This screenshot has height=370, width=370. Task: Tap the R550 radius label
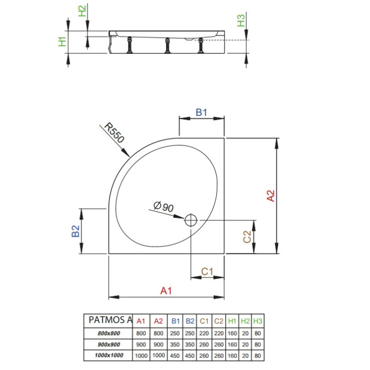pos(114,132)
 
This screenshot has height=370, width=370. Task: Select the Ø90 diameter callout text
pos(163,207)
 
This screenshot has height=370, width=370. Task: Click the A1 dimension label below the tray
pos(166,291)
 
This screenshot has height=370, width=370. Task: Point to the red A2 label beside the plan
pos(271,196)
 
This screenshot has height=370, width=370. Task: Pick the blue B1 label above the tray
pos(201,112)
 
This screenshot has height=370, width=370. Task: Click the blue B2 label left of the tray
pos(76,231)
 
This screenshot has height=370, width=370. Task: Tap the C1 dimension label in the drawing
pos(207,271)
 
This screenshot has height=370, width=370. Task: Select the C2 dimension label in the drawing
pos(247,237)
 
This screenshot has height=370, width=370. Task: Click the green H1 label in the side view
pos(62,42)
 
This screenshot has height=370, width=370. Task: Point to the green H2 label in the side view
pos(82,11)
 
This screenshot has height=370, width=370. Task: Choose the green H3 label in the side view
pos(241,21)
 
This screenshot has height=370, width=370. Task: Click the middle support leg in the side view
pos(168,45)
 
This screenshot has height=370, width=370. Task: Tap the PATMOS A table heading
pos(110,320)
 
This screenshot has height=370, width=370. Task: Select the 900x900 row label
pos(109,344)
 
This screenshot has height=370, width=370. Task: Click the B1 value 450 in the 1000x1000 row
pos(174,355)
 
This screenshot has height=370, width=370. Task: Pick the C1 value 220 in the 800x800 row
pos(204,333)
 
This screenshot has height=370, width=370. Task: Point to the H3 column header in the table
pos(258,321)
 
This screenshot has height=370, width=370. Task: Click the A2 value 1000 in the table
pos(159,355)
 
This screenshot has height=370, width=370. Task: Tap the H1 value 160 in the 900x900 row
pos(232,344)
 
